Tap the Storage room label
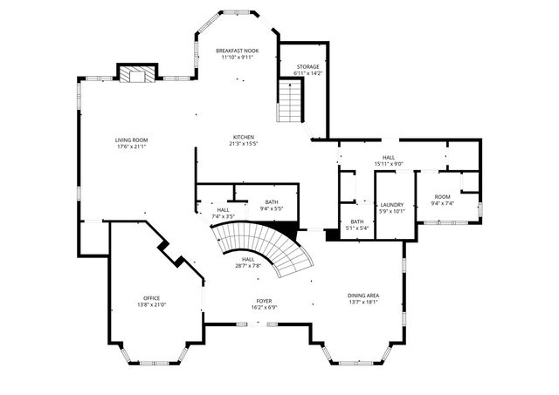pyautogui.click(x=307, y=66)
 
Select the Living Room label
pyautogui.click(x=132, y=140)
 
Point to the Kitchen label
pyautogui.click(x=243, y=137)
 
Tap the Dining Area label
pyautogui.click(x=362, y=296)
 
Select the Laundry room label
pyautogui.click(x=392, y=204)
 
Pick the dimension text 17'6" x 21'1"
pyautogui.click(x=132, y=146)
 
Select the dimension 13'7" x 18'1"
pyautogui.click(x=362, y=303)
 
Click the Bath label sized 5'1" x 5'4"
pyautogui.click(x=356, y=221)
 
